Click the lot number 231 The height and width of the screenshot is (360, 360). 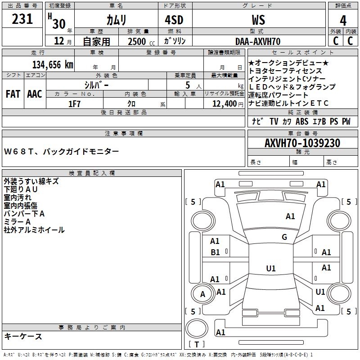22,19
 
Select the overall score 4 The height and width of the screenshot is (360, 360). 343,21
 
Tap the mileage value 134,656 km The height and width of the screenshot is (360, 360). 53,65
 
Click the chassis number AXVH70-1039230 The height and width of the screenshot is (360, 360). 302,143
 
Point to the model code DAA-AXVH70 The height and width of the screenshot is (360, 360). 258,41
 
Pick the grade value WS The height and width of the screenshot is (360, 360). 258,20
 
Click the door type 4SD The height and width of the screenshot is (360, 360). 174,20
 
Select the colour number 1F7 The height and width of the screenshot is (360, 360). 74,104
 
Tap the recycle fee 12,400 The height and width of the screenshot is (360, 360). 224,104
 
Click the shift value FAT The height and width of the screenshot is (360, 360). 13,94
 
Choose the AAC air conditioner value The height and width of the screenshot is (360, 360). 35,94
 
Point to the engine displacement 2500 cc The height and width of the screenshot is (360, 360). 141,41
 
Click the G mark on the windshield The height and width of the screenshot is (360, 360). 284,237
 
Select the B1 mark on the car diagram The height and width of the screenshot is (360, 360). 215,252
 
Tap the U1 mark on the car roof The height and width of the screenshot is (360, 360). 271,268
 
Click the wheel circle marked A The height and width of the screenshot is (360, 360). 202,294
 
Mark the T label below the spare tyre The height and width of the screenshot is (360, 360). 197,344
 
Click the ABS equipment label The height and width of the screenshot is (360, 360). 302,121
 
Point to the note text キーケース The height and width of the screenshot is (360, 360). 23,336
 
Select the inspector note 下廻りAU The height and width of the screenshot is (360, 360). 21,189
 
